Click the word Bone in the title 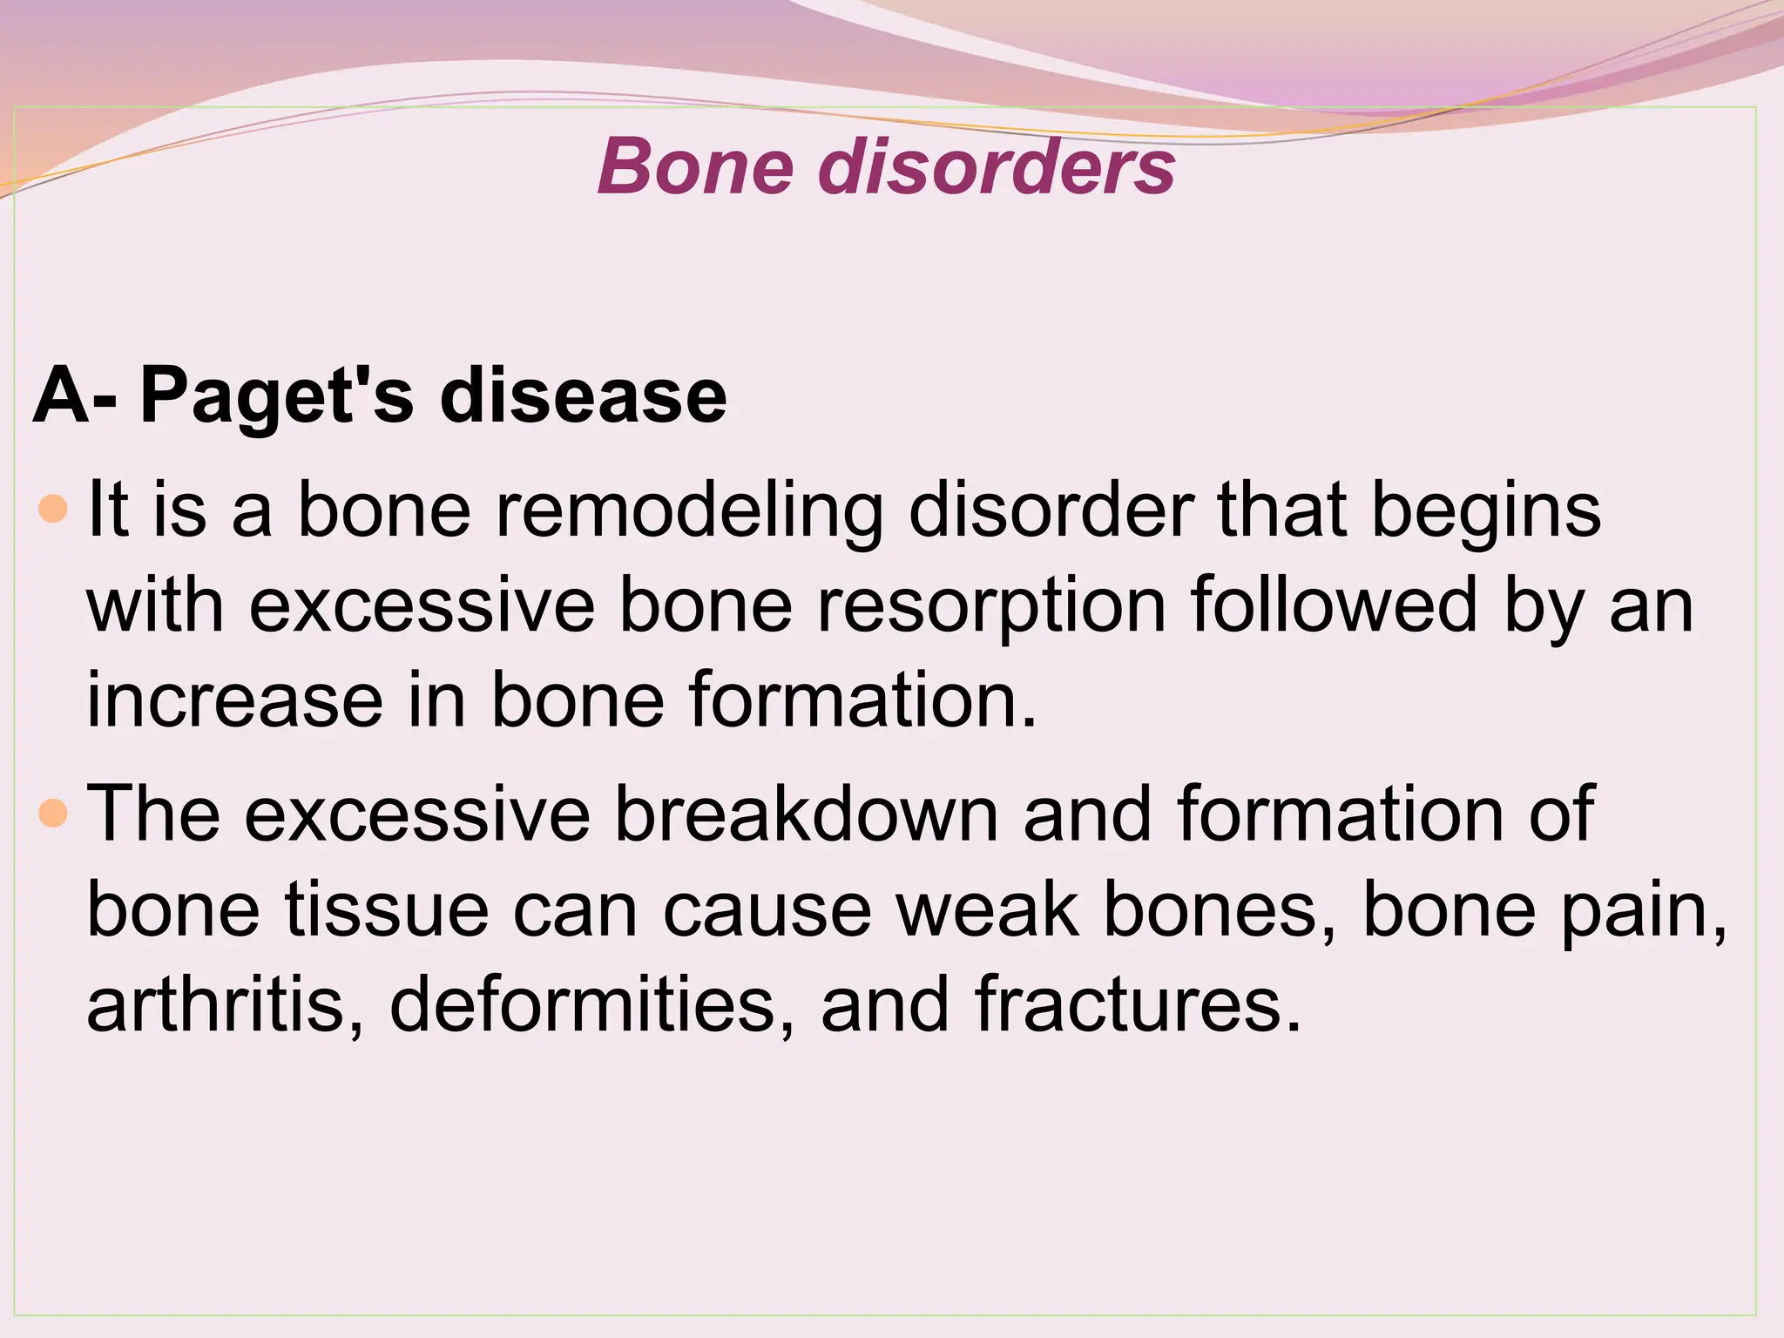click(695, 166)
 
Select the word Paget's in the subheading click(276, 397)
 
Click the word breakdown click(806, 814)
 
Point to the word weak click(986, 910)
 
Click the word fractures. click(1138, 1005)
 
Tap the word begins click(1486, 510)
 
